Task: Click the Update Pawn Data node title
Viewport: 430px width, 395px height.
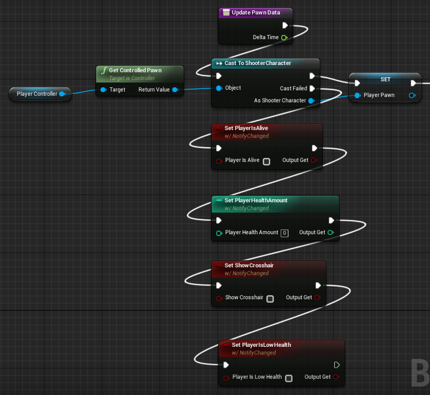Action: tap(255, 13)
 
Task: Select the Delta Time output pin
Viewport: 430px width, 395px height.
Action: tap(284, 37)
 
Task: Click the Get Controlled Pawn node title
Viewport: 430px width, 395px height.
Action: tap(135, 70)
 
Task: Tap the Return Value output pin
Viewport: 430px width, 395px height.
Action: tap(175, 90)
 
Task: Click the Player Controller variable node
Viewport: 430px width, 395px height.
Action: tap(37, 94)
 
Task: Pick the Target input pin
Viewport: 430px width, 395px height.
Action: tap(103, 90)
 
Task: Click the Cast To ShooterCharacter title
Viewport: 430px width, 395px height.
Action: tap(257, 63)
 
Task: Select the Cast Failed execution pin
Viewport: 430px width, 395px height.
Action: tap(312, 89)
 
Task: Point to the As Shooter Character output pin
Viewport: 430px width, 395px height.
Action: tap(311, 101)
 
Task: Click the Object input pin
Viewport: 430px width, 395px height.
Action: tap(219, 88)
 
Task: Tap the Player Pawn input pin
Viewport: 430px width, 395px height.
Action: tap(358, 95)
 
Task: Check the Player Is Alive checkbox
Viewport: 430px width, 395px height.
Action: tap(267, 161)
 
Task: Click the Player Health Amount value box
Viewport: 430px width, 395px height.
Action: tap(285, 233)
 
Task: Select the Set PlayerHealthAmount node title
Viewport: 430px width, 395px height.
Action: tap(256, 201)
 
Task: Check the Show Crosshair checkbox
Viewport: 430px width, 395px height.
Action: tap(270, 299)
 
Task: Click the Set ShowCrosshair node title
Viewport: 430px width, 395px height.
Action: tap(249, 266)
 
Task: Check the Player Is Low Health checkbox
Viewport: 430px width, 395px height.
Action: tap(288, 378)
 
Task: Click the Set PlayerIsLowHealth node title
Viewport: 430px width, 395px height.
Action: tap(261, 345)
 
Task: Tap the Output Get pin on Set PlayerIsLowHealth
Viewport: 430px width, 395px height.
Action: tap(336, 378)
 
